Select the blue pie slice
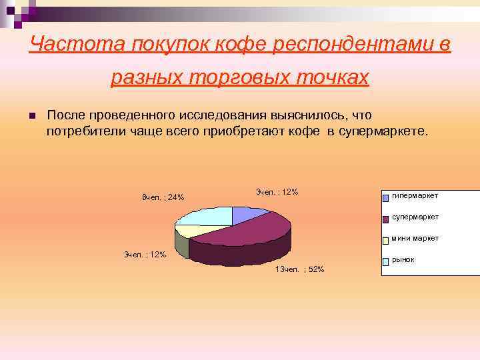click(x=248, y=215)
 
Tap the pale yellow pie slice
click(x=193, y=231)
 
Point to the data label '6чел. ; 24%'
click(x=163, y=197)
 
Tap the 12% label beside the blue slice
click(x=277, y=192)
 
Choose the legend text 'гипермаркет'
click(x=415, y=195)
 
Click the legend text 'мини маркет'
click(x=415, y=238)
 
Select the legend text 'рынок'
click(x=403, y=259)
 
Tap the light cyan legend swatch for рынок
click(x=385, y=262)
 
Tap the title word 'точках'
click(x=334, y=77)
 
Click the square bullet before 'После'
click(x=31, y=117)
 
